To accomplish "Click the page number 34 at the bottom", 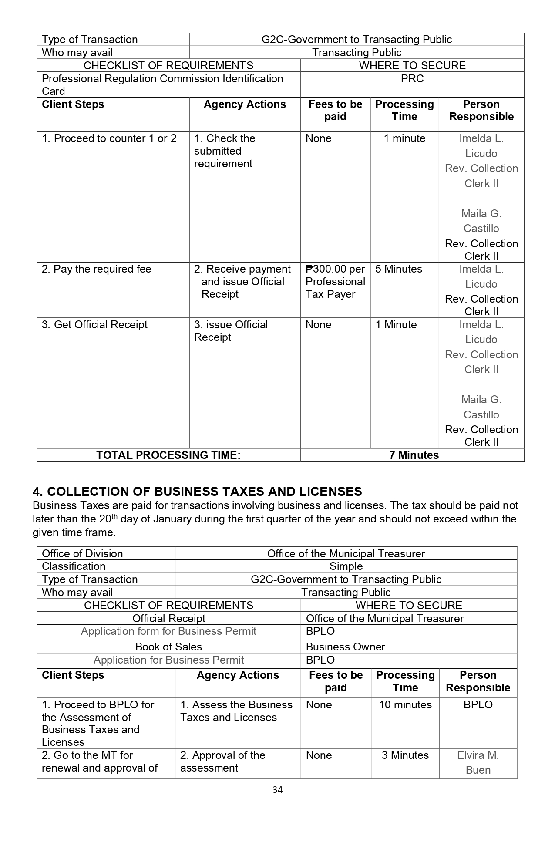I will pos(277,789).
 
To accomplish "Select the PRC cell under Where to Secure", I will pos(412,79).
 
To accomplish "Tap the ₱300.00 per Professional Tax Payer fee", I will pos(335,282).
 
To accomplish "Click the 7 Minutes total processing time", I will pos(414,455).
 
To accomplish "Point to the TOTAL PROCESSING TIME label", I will pos(168,455).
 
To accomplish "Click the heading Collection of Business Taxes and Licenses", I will pos(197,492).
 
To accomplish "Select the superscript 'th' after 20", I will pos(114,516).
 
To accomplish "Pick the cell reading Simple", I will pos(346,566).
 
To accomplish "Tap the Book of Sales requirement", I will pos(168,647).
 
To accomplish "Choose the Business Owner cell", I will pos(345,647).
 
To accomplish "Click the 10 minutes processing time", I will pos(405,705).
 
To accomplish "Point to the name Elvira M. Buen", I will pos(478,762).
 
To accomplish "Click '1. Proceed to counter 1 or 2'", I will pos(109,138).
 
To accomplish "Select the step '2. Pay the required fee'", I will pos(96,269).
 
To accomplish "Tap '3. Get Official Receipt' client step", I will pos(94,325).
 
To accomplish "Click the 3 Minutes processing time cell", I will pos(405,755).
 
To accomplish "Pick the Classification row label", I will pos(74,566).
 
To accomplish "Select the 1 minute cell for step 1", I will pos(404,138).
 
